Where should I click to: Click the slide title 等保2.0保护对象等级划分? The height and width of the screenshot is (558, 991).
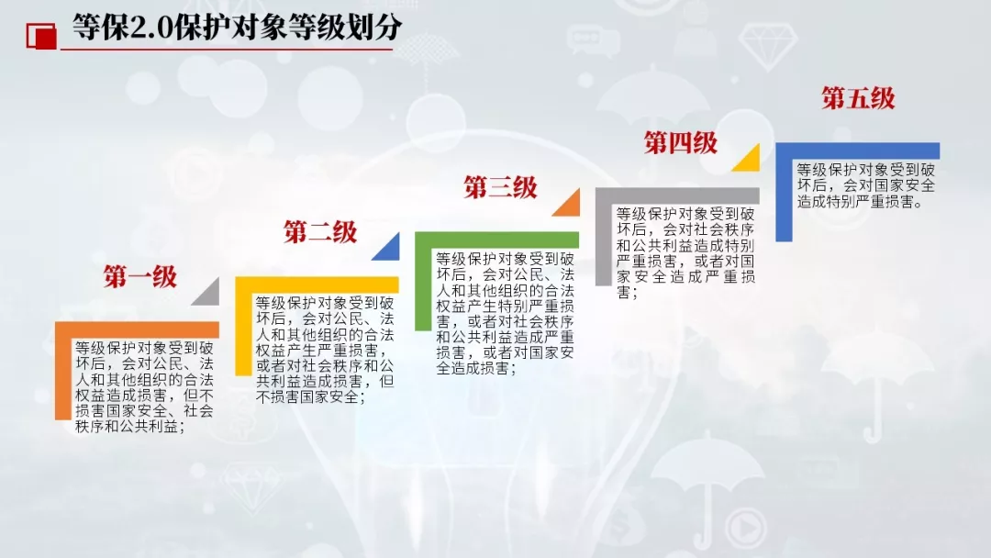[236, 28]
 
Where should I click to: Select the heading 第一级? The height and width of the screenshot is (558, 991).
[139, 276]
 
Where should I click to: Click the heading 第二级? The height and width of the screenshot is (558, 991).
[320, 231]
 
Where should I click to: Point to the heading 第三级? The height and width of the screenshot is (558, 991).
[500, 187]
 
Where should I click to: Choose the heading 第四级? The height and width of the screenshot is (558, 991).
[680, 142]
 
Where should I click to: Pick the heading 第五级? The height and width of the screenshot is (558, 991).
[858, 98]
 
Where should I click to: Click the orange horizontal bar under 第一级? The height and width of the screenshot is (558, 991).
[138, 329]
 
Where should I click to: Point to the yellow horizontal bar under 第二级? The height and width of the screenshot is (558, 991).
[317, 285]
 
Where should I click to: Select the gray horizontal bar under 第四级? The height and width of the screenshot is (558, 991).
[677, 195]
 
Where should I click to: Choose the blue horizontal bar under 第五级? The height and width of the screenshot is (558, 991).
[857, 151]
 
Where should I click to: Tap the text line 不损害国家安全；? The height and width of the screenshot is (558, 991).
[311, 396]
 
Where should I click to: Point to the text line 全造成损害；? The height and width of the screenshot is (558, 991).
[476, 367]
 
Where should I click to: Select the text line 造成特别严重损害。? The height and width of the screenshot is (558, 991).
[861, 201]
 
